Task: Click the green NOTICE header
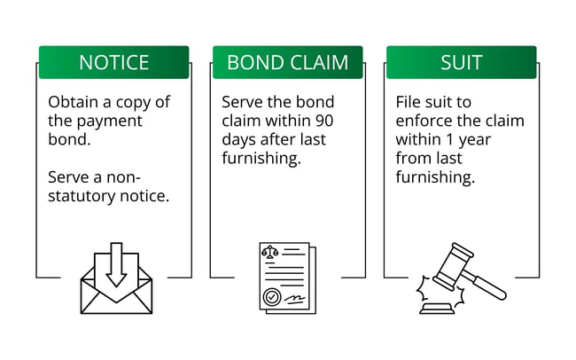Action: click(113, 63)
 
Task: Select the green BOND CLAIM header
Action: click(287, 63)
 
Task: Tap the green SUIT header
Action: click(461, 63)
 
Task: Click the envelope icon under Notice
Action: click(116, 283)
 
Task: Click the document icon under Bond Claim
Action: click(287, 277)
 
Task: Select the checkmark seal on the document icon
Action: click(272, 296)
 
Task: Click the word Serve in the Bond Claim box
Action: click(241, 102)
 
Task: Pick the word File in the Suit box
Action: click(409, 102)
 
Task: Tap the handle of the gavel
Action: click(486, 286)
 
